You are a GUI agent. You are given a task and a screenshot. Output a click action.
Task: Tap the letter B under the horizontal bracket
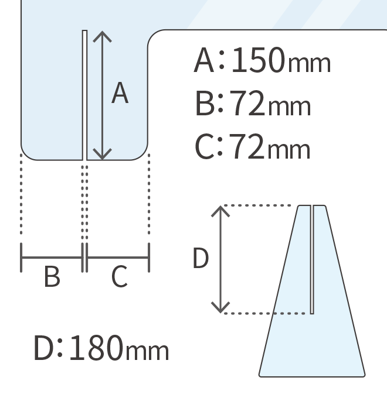[52, 277]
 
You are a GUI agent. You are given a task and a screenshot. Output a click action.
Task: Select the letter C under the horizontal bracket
[119, 277]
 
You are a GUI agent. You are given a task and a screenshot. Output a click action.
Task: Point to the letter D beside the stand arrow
[201, 259]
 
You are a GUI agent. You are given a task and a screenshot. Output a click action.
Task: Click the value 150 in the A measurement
[258, 61]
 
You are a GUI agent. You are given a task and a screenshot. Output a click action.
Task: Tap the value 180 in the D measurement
[96, 348]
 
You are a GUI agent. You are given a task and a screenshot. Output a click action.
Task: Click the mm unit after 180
[147, 351]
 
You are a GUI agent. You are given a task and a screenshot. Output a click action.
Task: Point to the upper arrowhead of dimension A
[103, 34]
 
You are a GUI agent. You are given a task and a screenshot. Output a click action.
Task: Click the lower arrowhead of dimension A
[103, 156]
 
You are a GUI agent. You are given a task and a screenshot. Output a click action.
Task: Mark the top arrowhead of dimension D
[220, 209]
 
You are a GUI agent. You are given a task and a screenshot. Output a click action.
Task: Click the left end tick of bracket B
[22, 258]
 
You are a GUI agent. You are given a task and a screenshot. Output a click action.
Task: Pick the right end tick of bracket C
[149, 258]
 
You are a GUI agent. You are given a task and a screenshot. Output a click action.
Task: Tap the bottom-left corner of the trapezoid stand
[260, 374]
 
